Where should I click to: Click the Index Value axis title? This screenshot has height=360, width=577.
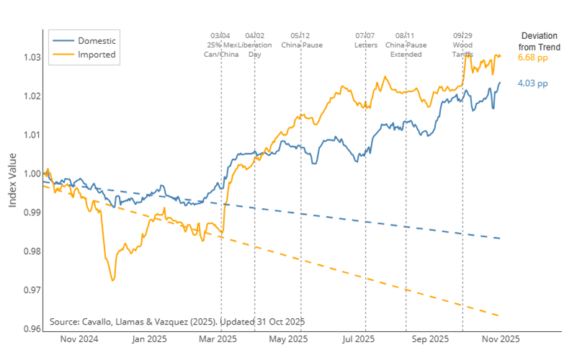point(13,184)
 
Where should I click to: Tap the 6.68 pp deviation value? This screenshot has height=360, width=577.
point(533,57)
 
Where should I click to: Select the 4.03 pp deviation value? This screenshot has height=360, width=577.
point(532,84)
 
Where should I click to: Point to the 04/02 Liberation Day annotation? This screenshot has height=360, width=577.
point(255,45)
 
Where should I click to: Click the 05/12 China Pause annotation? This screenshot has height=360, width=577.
point(300,40)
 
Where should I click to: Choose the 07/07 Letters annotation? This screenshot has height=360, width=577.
point(365,40)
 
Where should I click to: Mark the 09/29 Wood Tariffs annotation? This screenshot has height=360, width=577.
point(462,45)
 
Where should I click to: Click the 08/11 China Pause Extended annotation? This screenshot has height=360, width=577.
point(406,45)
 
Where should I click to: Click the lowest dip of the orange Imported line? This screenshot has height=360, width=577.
point(112,280)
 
